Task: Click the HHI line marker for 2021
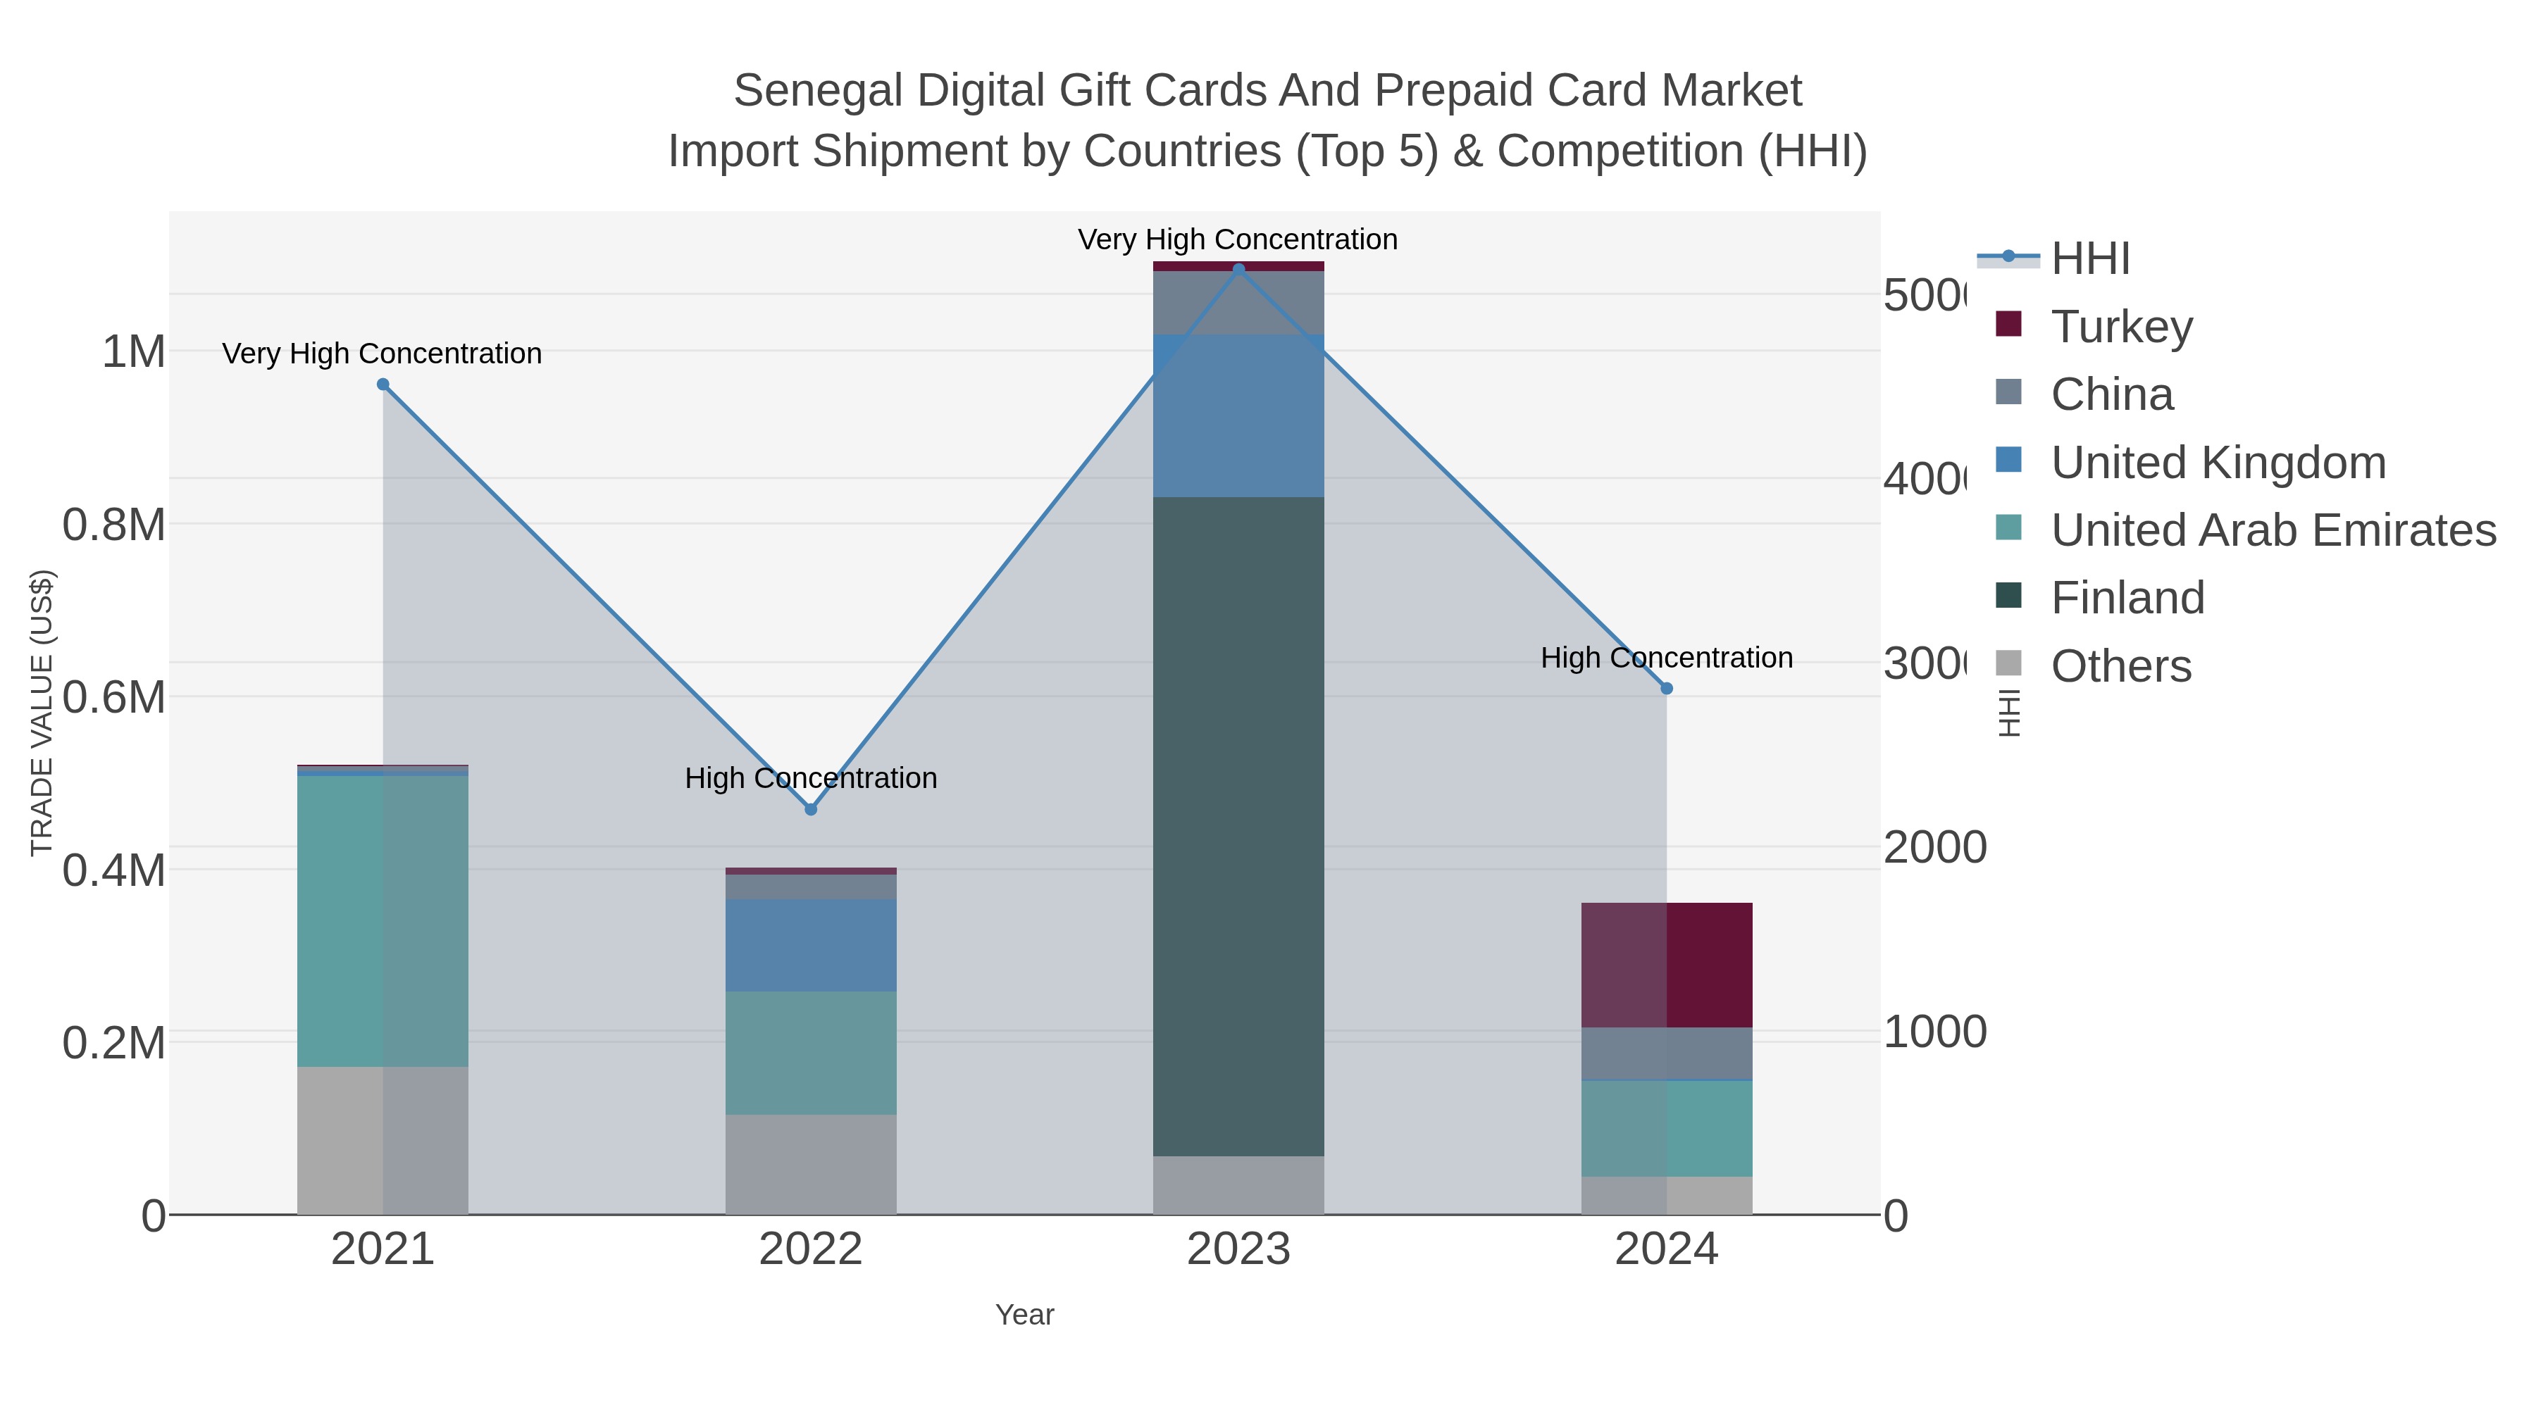383,384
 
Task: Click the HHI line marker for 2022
810,809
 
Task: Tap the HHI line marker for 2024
1666,689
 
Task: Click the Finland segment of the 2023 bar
1238,827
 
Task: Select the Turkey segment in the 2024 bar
1666,965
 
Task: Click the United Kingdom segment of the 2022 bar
810,945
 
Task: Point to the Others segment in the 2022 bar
810,1163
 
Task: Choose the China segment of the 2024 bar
1666,1053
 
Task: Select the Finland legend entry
2127,597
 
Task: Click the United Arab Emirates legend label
2272,530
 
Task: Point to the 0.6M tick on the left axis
113,696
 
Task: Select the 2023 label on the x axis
1238,1249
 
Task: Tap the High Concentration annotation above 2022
810,777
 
